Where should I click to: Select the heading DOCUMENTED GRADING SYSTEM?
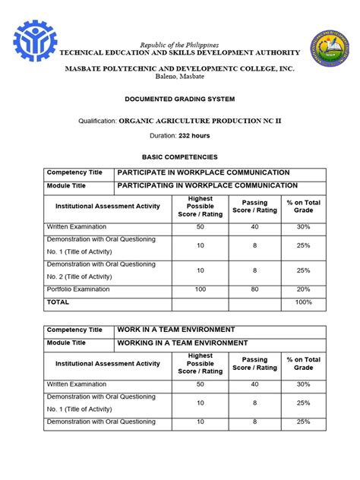179,99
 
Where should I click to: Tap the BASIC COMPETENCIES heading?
179,155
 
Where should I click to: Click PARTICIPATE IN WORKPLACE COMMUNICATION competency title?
203,172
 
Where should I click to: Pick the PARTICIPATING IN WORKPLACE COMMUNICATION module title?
207,185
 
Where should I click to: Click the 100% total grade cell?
303,302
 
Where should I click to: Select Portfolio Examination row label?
78,289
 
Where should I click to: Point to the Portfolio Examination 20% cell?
303,289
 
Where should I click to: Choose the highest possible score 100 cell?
201,289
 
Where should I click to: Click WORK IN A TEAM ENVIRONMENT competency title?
176,330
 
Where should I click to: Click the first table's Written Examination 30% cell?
303,227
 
